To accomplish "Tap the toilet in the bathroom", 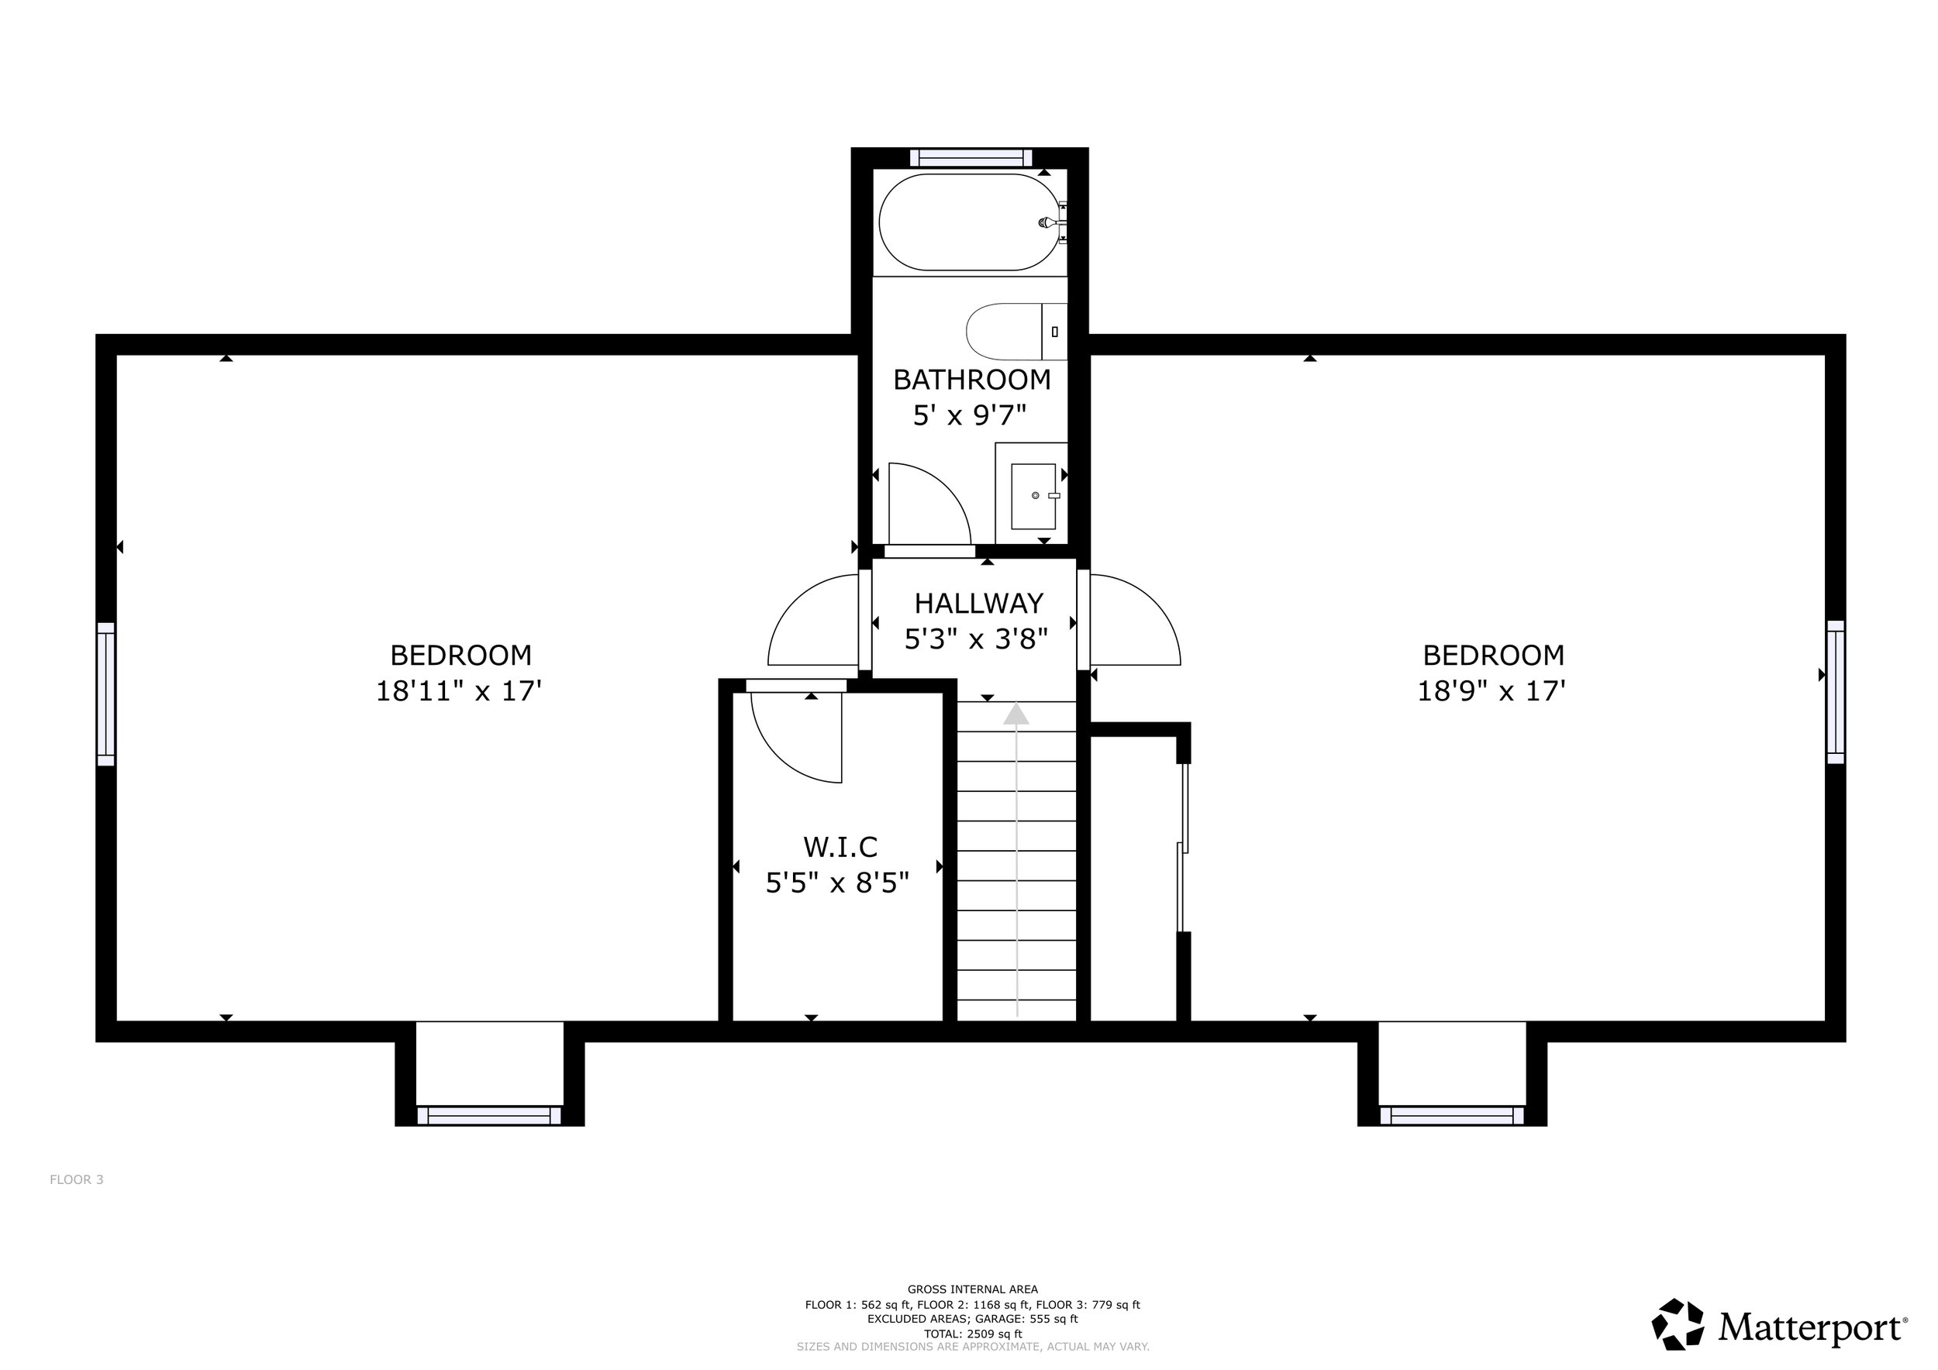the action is [x=1016, y=332].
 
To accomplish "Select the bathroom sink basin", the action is [x=1033, y=496].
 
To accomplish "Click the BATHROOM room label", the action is [x=972, y=380].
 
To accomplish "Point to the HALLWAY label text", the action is [x=979, y=603].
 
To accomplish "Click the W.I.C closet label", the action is [x=840, y=846].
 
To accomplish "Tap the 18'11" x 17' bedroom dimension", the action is [x=458, y=691].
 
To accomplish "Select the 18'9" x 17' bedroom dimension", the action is [x=1491, y=691].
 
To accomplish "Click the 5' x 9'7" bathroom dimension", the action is [x=970, y=415].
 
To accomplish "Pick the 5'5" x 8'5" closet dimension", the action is [x=837, y=883].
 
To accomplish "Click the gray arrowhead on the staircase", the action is [x=1016, y=714].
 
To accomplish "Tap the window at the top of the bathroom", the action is [x=971, y=158].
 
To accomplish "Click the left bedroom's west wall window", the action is [x=105, y=694].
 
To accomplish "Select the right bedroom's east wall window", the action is [x=1836, y=692].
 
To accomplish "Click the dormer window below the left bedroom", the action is [x=490, y=1115].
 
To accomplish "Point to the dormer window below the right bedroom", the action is [x=1452, y=1115].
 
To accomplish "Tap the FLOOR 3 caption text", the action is [x=77, y=1179].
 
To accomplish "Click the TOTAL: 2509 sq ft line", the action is [x=972, y=1334].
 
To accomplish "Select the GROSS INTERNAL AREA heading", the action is [x=972, y=1289].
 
